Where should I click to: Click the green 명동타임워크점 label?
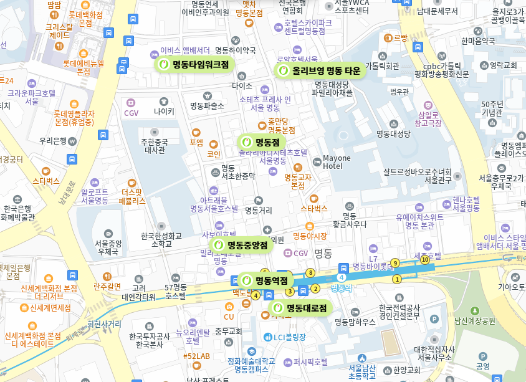coord(194,64)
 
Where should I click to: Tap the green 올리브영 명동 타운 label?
coord(319,70)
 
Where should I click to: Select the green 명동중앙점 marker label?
coord(242,245)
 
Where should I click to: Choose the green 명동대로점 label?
coord(300,308)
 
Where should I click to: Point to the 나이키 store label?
coord(164,112)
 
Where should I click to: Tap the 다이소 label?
coord(242,85)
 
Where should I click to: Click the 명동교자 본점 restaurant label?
coord(298,181)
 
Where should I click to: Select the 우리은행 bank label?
coord(53,141)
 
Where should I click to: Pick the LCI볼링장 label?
coord(290,337)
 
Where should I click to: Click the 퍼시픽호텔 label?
coord(310,361)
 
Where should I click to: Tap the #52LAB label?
coord(196,356)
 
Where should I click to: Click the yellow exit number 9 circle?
coord(395,263)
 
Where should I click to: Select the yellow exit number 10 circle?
coord(425,259)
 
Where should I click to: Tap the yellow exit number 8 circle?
coord(310,272)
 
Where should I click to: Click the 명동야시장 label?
coord(310,236)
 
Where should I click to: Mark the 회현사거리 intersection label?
coord(105,324)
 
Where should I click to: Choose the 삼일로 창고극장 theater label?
coord(429,118)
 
